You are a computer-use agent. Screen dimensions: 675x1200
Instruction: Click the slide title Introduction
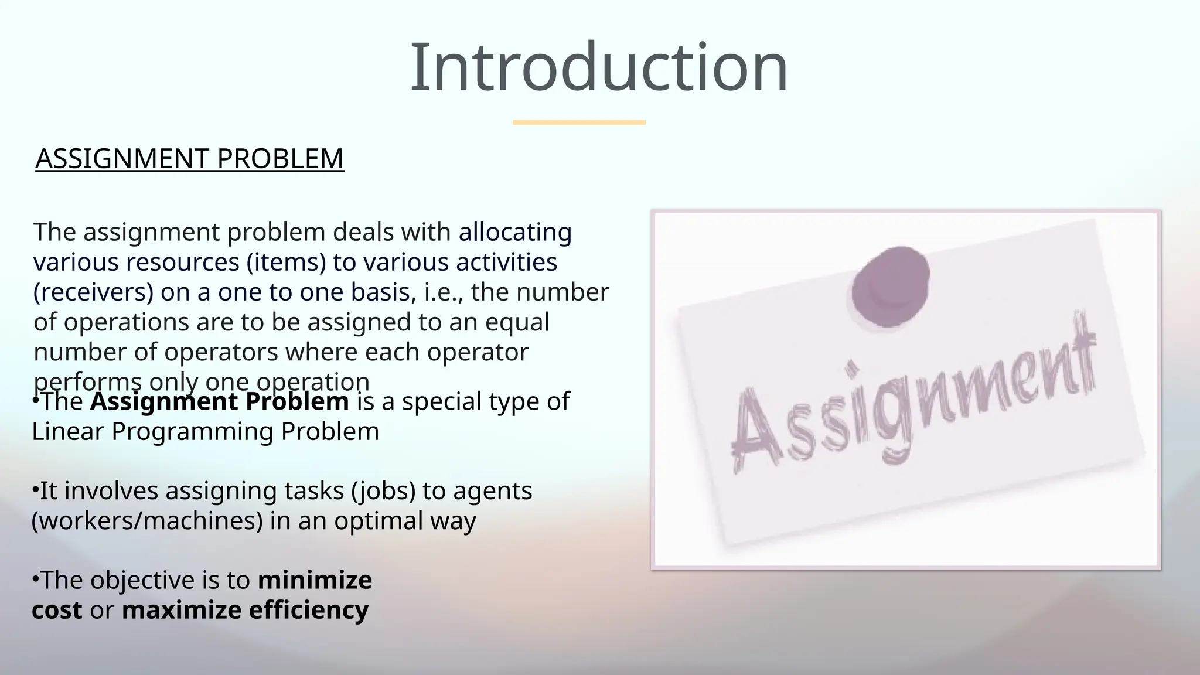599,67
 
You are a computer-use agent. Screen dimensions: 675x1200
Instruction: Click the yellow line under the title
579,122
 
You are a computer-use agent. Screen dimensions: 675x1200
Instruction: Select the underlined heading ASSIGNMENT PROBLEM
189,159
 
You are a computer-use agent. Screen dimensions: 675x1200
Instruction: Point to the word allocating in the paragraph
515,232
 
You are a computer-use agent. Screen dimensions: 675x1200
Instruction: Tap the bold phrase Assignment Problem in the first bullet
220,402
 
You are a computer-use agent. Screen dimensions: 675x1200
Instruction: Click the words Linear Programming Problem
205,432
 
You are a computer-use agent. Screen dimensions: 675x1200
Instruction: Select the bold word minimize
315,581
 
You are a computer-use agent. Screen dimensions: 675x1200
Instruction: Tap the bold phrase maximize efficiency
245,611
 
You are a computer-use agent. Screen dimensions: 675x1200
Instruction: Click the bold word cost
57,611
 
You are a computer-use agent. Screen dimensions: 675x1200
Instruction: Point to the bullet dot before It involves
35,488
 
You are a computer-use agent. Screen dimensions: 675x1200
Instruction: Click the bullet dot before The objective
35,578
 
